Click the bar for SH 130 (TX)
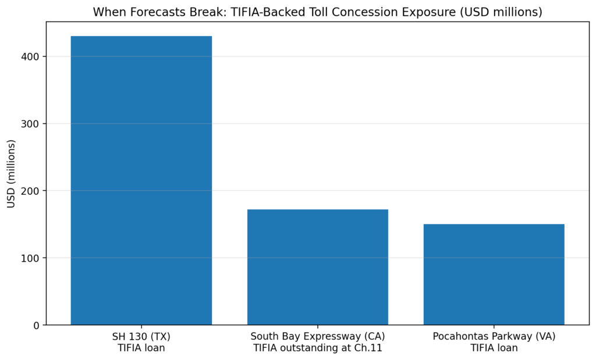(x=141, y=180)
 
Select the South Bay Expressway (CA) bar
(x=317, y=267)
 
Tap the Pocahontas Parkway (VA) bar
(x=494, y=274)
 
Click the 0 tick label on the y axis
(x=38, y=325)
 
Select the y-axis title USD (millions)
(x=11, y=173)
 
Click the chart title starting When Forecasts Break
(x=317, y=12)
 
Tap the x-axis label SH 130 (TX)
(x=141, y=337)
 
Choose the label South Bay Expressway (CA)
(x=317, y=337)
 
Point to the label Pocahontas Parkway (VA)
(x=494, y=337)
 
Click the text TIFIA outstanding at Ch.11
(x=317, y=348)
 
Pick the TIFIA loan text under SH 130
(x=141, y=348)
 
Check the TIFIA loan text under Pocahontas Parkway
(x=494, y=348)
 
